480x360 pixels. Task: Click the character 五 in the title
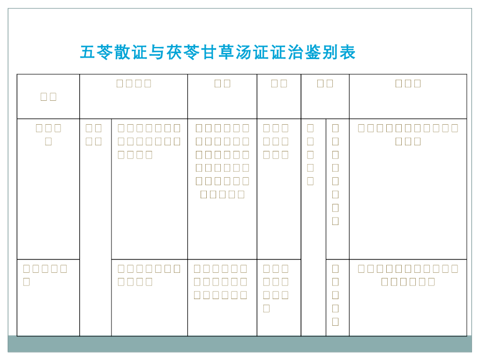coord(88,52)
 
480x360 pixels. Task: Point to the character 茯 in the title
coord(174,52)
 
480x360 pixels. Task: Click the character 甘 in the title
coord(210,52)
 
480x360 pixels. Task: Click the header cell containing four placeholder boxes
coord(134,84)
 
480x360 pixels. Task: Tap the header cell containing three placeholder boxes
coord(408,84)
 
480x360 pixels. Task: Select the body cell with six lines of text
coord(222,161)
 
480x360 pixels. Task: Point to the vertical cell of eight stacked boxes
coord(335,174)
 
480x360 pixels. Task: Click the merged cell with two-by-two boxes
coord(94,135)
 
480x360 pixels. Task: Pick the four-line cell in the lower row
coord(276,288)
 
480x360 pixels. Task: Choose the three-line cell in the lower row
coord(220,282)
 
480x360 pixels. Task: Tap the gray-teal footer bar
coord(240,344)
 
